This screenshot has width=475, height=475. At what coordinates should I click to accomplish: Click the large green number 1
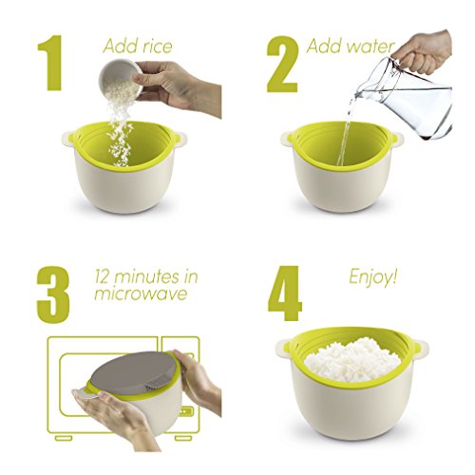50,63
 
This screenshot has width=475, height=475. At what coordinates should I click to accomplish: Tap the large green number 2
283,64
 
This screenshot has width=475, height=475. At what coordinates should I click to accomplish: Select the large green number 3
53,294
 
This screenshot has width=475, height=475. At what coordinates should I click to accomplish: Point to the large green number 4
285,293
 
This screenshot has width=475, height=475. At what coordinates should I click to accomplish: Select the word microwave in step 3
141,294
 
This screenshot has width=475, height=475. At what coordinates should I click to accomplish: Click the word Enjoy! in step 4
372,277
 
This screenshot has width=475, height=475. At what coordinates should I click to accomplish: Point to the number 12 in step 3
103,276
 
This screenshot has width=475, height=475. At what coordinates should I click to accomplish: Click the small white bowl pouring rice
121,77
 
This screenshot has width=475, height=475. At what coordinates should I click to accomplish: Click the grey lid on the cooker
134,369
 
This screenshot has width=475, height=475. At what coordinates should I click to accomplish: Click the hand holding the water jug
423,51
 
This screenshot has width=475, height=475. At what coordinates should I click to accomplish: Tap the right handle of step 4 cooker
421,348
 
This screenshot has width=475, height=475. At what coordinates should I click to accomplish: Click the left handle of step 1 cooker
67,140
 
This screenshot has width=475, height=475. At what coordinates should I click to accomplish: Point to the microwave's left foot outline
64,438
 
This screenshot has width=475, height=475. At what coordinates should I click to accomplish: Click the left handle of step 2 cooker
287,139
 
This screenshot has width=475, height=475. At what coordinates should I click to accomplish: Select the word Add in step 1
116,46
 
